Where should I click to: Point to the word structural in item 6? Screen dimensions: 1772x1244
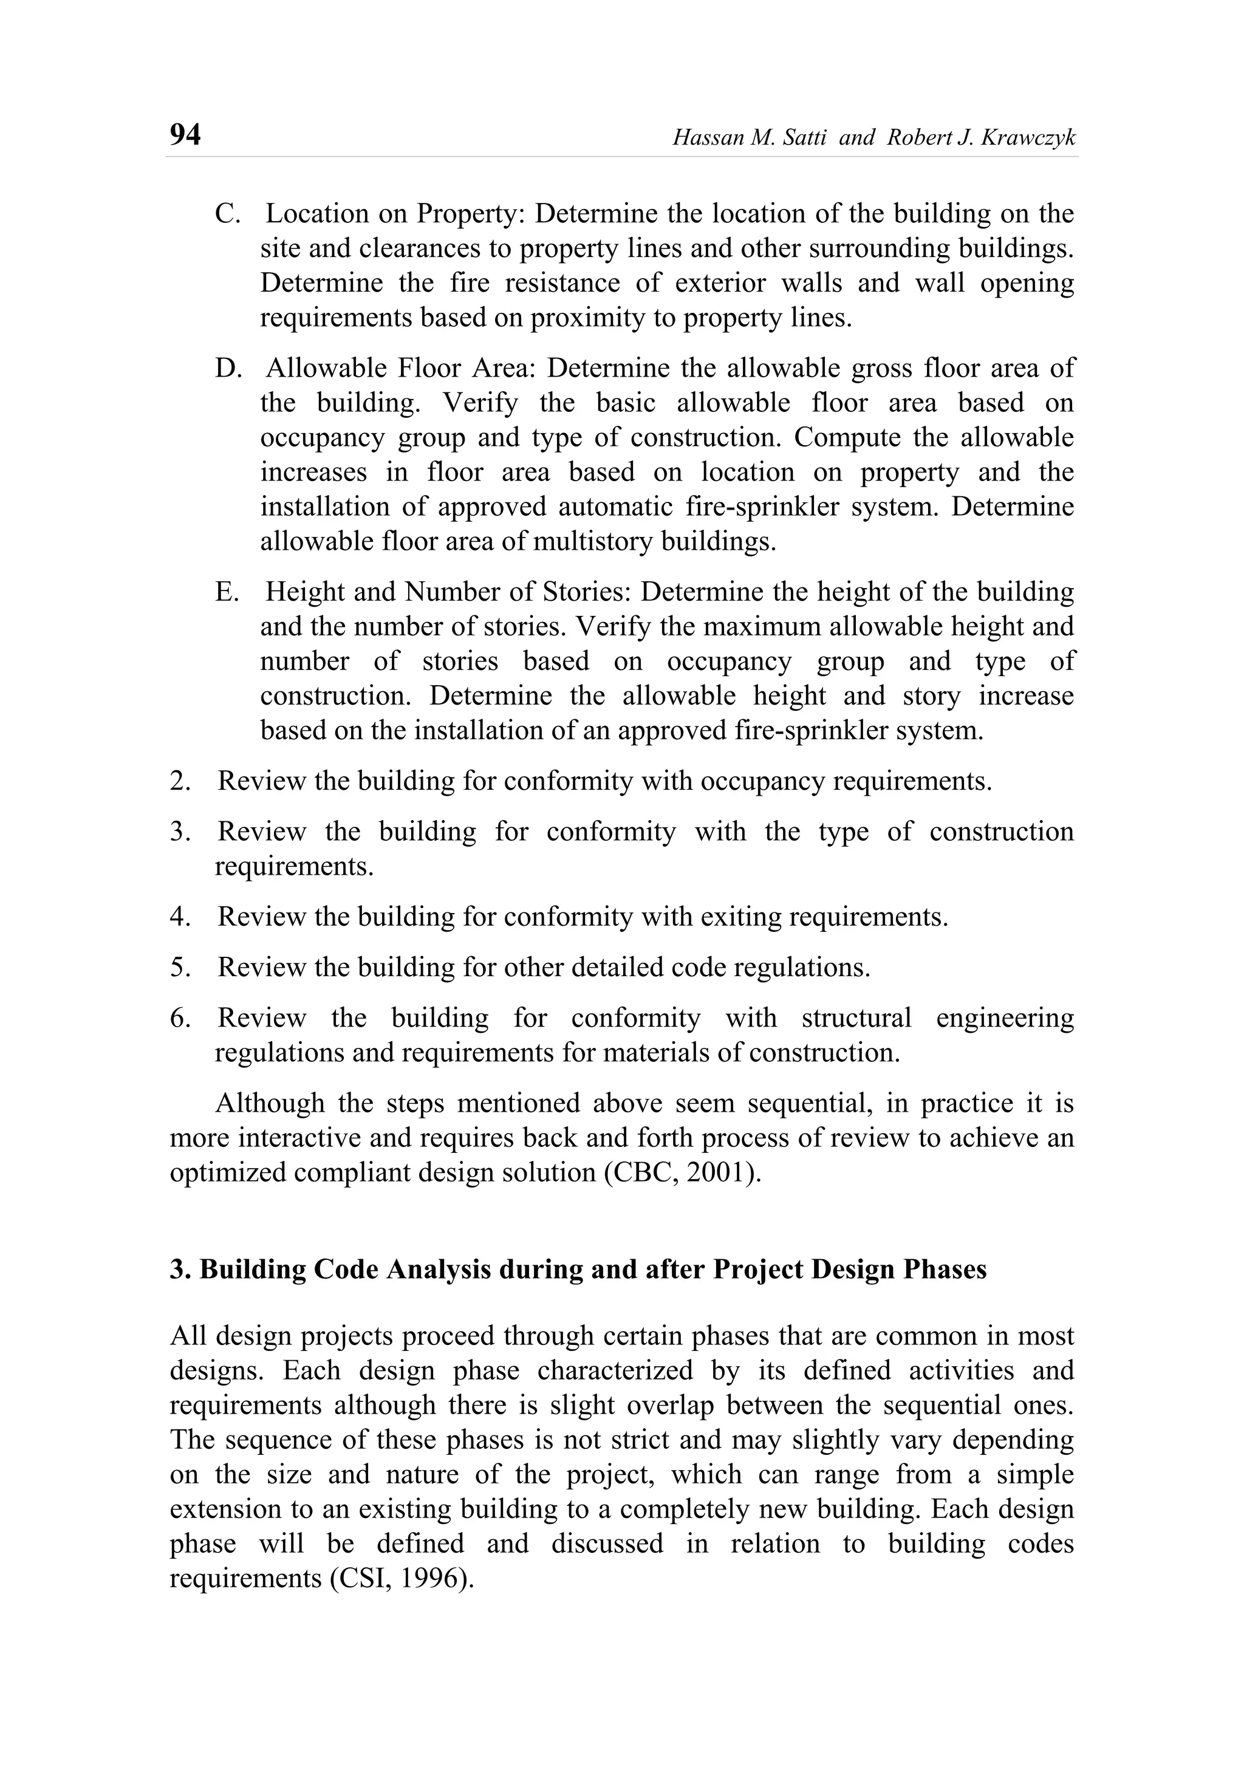pos(856,1018)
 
